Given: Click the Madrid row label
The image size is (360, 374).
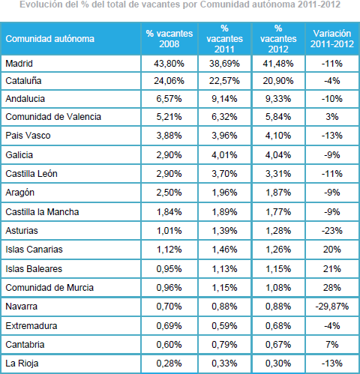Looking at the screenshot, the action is [x=19, y=64].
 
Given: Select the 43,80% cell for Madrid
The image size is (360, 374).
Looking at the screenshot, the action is [x=169, y=64].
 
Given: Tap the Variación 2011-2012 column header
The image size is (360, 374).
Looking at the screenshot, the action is [x=332, y=39].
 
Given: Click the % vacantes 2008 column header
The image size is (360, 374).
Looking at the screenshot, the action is [x=169, y=39].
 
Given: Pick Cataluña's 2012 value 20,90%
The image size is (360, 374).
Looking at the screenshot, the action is [x=278, y=81].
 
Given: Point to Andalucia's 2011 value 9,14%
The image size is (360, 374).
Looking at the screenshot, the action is [x=224, y=99].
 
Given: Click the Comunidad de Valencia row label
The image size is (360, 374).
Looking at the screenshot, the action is [x=53, y=117].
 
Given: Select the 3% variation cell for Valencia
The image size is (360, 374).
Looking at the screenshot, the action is [x=332, y=117].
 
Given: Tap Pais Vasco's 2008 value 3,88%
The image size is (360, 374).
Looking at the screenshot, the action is [x=169, y=136].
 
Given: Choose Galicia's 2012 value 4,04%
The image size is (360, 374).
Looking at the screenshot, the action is [x=278, y=155].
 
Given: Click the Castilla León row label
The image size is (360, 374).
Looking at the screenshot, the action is [x=31, y=174].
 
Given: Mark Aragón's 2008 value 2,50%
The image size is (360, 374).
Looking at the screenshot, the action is [x=169, y=193].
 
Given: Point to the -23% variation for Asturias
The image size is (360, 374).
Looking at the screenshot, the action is [x=332, y=230].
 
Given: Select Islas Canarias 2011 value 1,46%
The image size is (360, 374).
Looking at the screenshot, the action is [x=224, y=250].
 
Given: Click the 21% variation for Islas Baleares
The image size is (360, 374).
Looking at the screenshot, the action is [x=332, y=269].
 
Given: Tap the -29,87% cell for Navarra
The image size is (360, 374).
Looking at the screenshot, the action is [x=332, y=307].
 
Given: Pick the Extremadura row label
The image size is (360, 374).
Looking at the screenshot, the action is [x=31, y=326].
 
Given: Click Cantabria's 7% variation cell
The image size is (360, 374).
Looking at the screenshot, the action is [x=332, y=345].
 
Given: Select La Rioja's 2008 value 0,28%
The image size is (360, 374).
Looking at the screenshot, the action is [x=169, y=364].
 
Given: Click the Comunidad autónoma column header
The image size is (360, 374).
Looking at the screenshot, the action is [x=50, y=39].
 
